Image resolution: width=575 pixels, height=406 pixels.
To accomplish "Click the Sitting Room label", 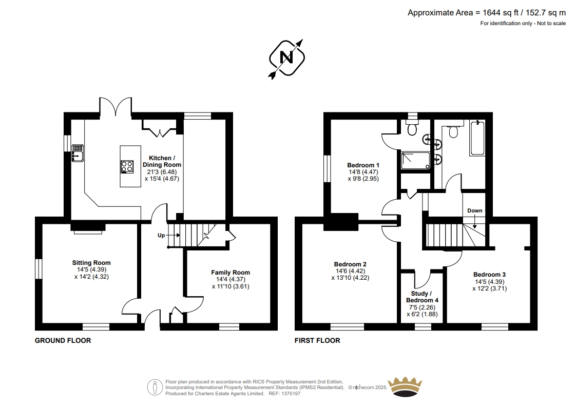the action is [91, 263].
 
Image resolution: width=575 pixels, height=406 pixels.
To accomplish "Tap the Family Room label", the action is [231, 273].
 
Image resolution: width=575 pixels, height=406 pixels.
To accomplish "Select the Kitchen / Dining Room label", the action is [162, 161].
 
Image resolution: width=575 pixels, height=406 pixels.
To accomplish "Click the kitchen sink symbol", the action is [78, 153].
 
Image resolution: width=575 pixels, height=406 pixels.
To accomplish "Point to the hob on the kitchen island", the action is [127, 167].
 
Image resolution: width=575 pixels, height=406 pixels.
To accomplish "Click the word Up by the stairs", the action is [161, 235].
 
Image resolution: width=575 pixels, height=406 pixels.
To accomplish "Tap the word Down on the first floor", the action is [474, 210].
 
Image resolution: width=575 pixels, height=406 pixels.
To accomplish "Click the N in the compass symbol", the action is [286, 57].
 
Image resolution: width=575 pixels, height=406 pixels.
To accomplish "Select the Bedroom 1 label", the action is [363, 165].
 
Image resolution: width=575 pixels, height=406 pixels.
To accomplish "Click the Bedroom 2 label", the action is [350, 264].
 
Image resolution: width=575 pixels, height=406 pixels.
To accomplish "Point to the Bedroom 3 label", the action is [489, 274].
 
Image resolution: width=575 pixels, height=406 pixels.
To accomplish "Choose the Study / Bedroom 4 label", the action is [422, 297].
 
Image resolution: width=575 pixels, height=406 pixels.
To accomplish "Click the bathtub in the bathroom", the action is [477, 138].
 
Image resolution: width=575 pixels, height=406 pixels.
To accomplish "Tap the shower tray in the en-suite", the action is [415, 161].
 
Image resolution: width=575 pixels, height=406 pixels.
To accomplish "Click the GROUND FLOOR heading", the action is [63, 340].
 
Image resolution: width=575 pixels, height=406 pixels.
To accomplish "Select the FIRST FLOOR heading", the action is [317, 340].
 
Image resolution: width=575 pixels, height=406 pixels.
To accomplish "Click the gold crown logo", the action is [405, 386].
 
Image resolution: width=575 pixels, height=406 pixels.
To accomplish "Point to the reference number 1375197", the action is [291, 394].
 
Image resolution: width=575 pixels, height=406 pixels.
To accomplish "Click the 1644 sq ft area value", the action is [501, 12].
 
